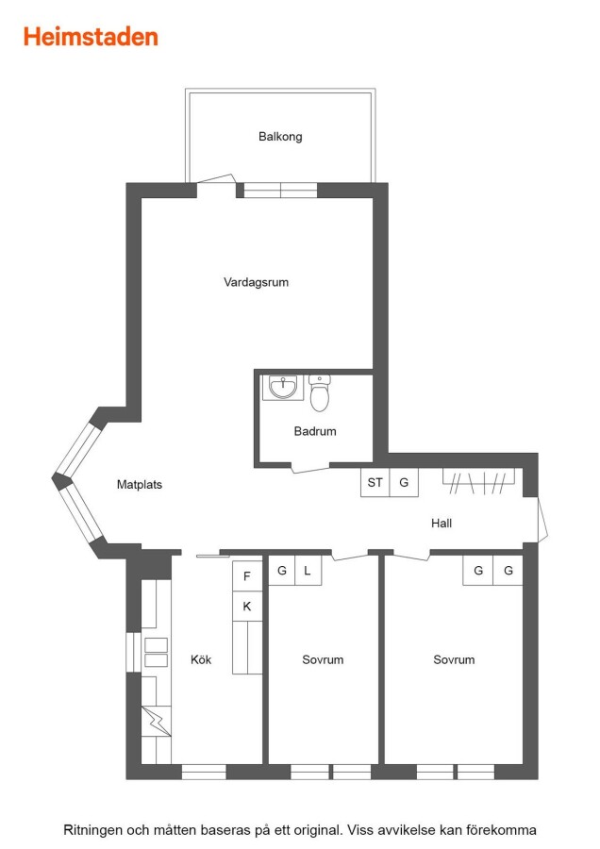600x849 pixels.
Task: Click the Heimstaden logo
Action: (x=91, y=37)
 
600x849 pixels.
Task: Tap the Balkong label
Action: (x=280, y=137)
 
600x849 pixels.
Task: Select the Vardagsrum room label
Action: (x=257, y=282)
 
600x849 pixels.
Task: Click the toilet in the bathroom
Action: (x=320, y=392)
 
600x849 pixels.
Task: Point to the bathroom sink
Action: (x=283, y=387)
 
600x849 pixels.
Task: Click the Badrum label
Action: (x=315, y=431)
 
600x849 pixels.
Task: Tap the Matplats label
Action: (x=140, y=485)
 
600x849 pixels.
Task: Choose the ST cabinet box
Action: (x=375, y=482)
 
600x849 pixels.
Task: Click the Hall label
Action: (x=442, y=523)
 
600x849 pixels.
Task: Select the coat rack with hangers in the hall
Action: (x=478, y=481)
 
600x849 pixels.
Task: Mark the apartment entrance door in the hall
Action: (x=542, y=519)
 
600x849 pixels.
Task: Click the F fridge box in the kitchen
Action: (x=247, y=576)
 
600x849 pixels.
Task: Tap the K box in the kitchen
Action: (x=247, y=607)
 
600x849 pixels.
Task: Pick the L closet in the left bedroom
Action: (x=308, y=571)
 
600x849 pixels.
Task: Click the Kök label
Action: (x=201, y=659)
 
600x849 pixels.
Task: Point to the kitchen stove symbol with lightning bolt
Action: (x=156, y=721)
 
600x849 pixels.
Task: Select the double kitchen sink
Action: (x=156, y=653)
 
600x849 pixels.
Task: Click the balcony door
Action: (x=215, y=179)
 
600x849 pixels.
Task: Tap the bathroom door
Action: (x=310, y=468)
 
